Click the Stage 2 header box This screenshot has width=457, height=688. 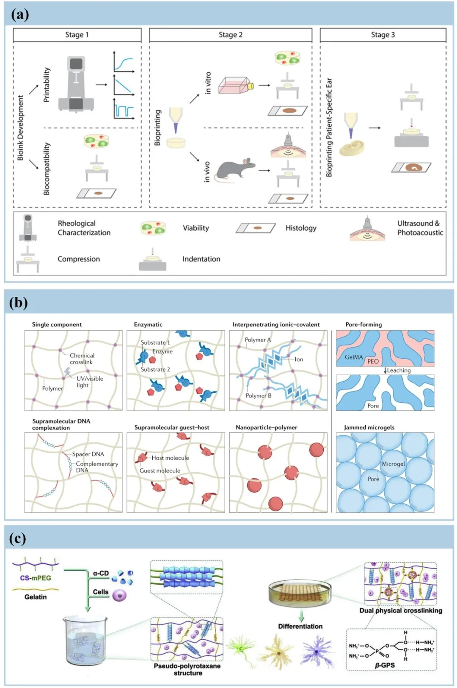tap(231, 35)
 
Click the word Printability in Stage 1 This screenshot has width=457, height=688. tap(47, 85)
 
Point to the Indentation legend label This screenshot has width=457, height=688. tap(201, 259)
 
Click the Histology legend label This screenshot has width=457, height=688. tap(301, 228)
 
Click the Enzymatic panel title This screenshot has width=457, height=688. tap(148, 324)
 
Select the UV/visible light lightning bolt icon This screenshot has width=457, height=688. tap(67, 372)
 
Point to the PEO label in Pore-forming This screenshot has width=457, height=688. tap(373, 361)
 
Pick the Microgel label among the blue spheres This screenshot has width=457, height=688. tap(393, 464)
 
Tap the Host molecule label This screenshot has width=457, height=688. tap(171, 458)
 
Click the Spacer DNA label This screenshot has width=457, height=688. tap(88, 454)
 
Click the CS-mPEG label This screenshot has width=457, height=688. tap(36, 578)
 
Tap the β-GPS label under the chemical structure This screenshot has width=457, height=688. tap(385, 665)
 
